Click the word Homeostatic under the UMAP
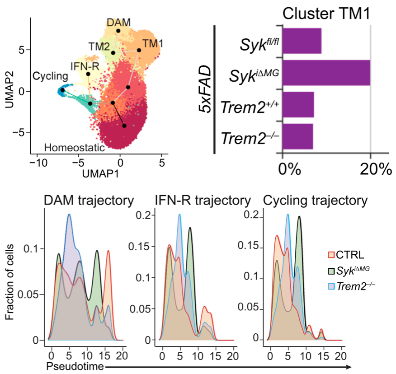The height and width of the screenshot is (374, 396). (x=74, y=147)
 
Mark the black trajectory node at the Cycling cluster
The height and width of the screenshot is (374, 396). (x=62, y=90)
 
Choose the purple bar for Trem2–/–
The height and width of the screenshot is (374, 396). (x=297, y=136)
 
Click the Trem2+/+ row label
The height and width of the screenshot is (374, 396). (x=249, y=108)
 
